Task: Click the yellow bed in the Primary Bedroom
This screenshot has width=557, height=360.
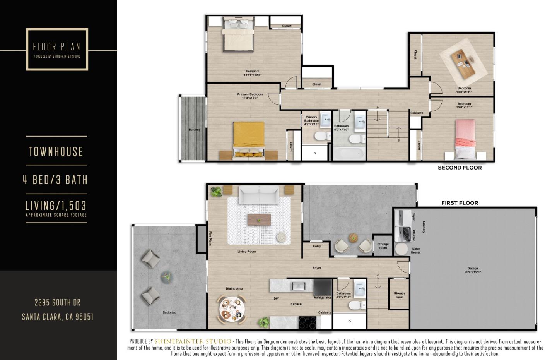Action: (x=249, y=137)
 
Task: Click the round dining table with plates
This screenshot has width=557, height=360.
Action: (x=231, y=309)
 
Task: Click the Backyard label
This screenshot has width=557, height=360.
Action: (x=169, y=312)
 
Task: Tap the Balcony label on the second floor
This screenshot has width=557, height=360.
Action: (x=195, y=130)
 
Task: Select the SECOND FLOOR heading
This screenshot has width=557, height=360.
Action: (x=460, y=168)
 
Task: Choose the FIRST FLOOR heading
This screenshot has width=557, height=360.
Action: (x=460, y=203)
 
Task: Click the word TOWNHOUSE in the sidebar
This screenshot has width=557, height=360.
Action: (x=56, y=151)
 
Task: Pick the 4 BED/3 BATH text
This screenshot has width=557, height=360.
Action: (x=55, y=180)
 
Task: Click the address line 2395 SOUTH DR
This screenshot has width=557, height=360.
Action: (x=58, y=302)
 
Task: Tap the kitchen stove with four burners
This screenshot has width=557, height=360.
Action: (x=308, y=322)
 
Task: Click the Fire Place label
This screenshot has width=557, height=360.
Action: (x=210, y=238)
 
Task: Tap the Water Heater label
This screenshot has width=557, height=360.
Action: (x=416, y=250)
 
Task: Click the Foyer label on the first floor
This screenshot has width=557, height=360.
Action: (x=317, y=268)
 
